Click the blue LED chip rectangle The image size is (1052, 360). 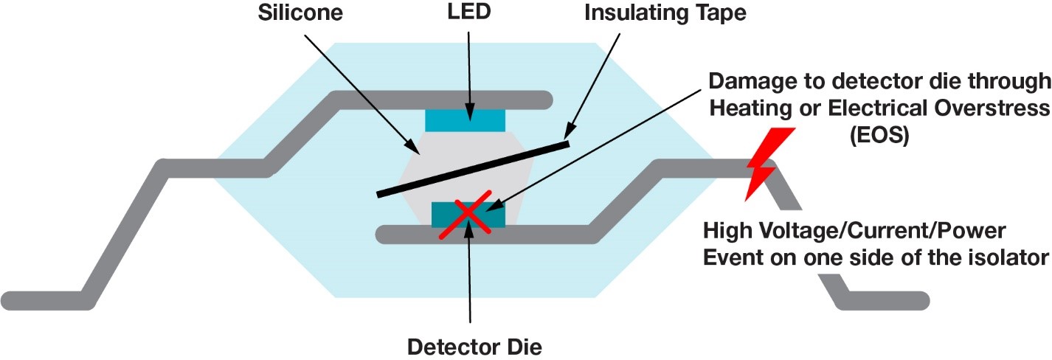coord(465,120)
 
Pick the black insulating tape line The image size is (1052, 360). coord(473,169)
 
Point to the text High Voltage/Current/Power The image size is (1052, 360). coord(854,232)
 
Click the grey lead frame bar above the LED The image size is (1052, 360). coord(443,99)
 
